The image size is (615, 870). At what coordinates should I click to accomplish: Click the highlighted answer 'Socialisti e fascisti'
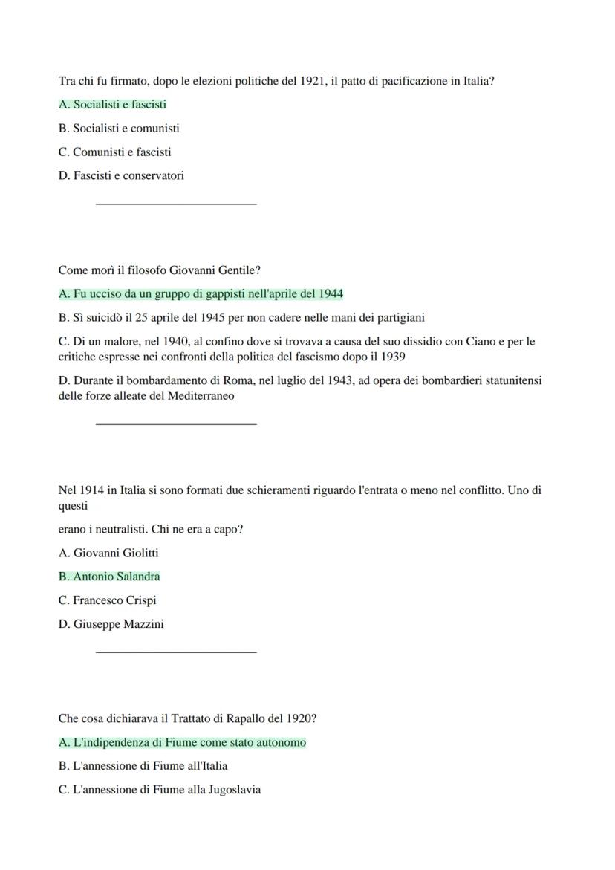tap(112, 105)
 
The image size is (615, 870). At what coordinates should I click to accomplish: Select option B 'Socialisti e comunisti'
tap(119, 129)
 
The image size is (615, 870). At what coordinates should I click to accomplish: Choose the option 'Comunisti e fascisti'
tap(114, 152)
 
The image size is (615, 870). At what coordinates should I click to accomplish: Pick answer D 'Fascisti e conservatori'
tap(121, 176)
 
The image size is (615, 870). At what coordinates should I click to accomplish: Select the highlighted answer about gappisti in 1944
tap(201, 294)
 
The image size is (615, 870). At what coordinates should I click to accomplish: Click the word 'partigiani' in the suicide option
tap(398, 318)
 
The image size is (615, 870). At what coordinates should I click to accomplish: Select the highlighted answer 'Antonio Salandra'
tap(109, 577)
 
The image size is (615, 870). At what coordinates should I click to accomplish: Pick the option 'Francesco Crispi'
tap(107, 600)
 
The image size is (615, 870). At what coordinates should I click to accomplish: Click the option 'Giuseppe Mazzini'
tap(111, 624)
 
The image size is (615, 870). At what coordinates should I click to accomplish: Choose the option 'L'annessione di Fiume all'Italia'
tap(143, 766)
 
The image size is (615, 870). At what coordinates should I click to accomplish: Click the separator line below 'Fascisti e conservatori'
tap(176, 203)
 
